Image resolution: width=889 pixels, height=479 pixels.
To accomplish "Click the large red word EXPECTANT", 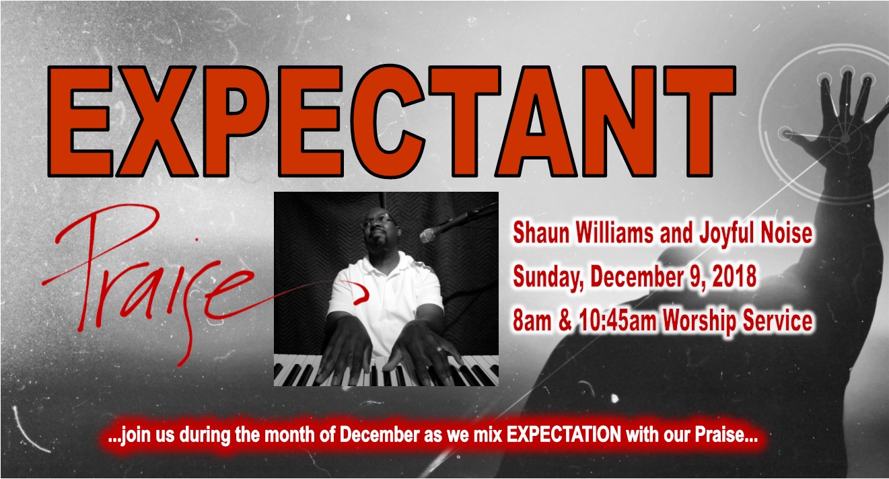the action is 392,122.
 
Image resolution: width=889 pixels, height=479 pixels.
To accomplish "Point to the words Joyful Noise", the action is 756,233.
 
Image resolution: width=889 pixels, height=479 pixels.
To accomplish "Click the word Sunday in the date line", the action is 548,277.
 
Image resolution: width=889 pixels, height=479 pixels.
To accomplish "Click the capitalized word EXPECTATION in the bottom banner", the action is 564,435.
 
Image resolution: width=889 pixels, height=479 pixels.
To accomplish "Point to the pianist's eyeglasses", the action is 376,221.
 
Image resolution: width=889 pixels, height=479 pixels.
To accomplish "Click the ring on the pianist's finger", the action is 439,350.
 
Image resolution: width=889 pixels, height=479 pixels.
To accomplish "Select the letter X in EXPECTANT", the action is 156,122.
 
